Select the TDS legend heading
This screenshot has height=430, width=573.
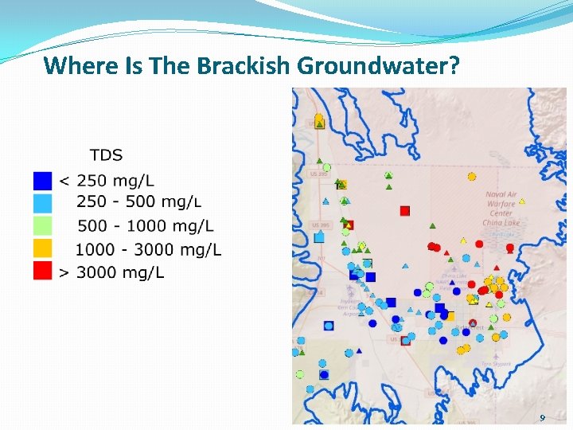pyautogui.click(x=106, y=154)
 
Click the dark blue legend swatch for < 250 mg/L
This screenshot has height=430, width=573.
pyautogui.click(x=43, y=181)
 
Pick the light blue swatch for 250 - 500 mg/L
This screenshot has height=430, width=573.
pyautogui.click(x=43, y=203)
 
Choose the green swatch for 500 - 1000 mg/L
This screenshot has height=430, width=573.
pyautogui.click(x=43, y=226)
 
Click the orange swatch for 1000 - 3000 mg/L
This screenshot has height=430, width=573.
pyautogui.click(x=43, y=248)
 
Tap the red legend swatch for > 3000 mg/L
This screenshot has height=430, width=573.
pyautogui.click(x=43, y=272)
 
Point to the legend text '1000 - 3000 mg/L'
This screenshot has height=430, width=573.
pyautogui.click(x=148, y=250)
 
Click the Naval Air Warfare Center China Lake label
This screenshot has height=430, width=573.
pyautogui.click(x=501, y=209)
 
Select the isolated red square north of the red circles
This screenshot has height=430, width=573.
pyautogui.click(x=405, y=210)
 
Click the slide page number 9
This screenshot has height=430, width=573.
pyautogui.click(x=542, y=418)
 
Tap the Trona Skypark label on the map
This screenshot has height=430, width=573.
pyautogui.click(x=496, y=364)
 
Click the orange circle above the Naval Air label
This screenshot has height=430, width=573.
pyautogui.click(x=472, y=176)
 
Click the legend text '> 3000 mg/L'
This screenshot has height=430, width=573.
pyautogui.click(x=111, y=273)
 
